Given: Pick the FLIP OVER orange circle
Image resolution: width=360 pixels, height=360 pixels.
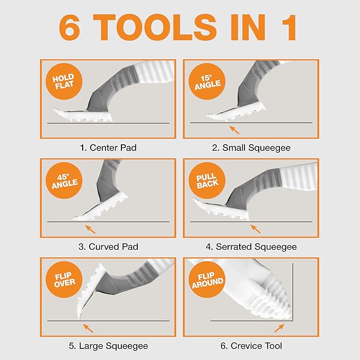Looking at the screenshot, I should pyautogui.click(x=64, y=280).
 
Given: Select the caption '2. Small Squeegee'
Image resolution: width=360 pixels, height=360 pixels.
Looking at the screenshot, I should pyautogui.click(x=251, y=147).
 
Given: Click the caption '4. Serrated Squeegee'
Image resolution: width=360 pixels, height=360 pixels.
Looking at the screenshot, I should pyautogui.click(x=251, y=247).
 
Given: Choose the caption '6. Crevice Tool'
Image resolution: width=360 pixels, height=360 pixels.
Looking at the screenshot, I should pyautogui.click(x=251, y=346).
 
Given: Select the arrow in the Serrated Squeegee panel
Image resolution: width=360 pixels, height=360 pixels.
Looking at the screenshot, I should pyautogui.click(x=255, y=229).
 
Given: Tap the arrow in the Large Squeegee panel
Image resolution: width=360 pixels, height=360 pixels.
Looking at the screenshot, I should pyautogui.click(x=88, y=327).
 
